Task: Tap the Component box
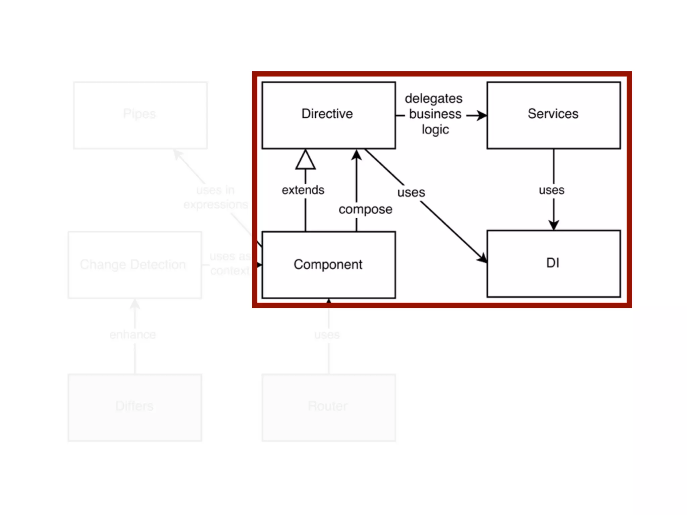pyautogui.click(x=328, y=265)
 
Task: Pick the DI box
pyautogui.click(x=553, y=263)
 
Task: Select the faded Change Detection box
pyautogui.click(x=134, y=265)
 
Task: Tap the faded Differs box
pyautogui.click(x=134, y=407)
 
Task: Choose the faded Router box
pyautogui.click(x=328, y=407)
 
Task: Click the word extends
pyautogui.click(x=303, y=190)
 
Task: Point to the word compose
pyautogui.click(x=365, y=209)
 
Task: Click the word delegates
pyautogui.click(x=433, y=99)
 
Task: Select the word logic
pyautogui.click(x=435, y=129)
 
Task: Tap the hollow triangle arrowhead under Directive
pyautogui.click(x=305, y=160)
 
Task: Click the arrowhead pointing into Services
pyautogui.click(x=482, y=115)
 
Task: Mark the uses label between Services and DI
pyautogui.click(x=551, y=190)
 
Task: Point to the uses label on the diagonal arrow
pyautogui.click(x=411, y=192)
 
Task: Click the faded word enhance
pyautogui.click(x=133, y=335)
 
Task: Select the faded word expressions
pyautogui.click(x=215, y=204)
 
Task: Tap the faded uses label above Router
pyautogui.click(x=327, y=335)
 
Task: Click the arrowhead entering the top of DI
pyautogui.click(x=553, y=225)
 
